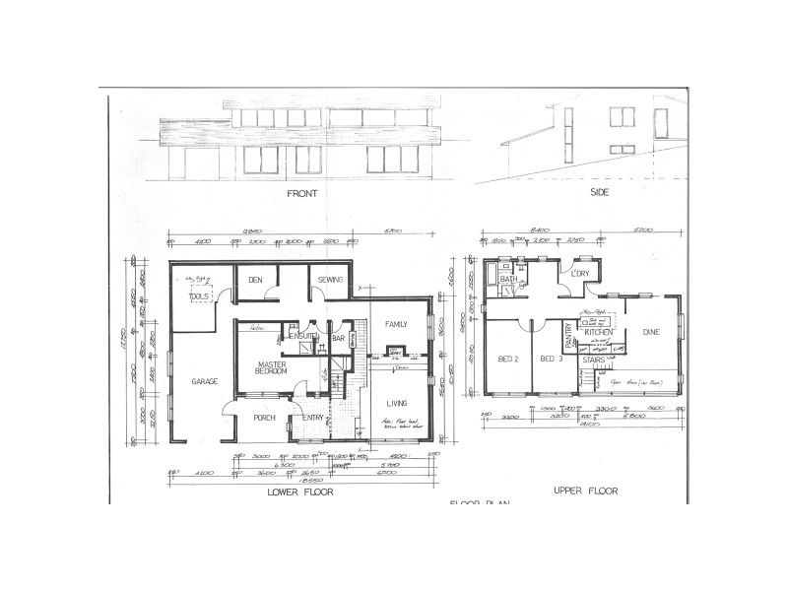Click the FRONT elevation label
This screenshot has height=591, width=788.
tap(302, 194)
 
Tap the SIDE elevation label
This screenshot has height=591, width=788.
tap(600, 193)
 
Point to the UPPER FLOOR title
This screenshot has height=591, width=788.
tap(585, 490)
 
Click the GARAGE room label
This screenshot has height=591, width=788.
tap(204, 381)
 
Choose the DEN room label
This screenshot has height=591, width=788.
tap(254, 281)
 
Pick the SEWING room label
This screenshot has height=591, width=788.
tap(330, 281)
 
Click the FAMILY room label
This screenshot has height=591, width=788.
tap(396, 323)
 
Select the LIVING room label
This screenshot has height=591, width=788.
tap(397, 402)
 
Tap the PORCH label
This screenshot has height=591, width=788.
tap(264, 418)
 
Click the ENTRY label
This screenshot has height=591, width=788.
tap(313, 418)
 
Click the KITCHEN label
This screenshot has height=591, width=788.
tap(599, 333)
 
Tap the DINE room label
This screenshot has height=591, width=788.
tap(651, 333)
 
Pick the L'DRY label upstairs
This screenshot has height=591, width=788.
tap(580, 274)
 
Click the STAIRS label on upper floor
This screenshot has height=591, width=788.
tap(593, 361)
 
